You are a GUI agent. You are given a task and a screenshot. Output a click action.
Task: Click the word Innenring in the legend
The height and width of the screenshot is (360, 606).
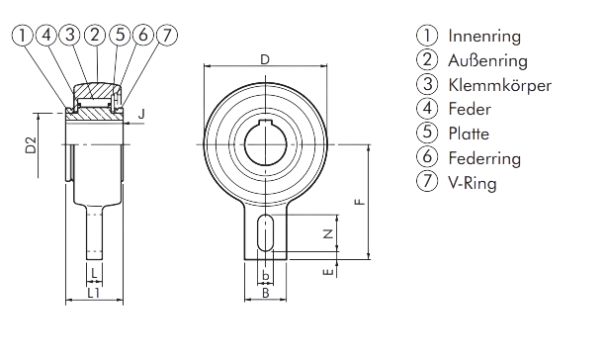coord(484,37)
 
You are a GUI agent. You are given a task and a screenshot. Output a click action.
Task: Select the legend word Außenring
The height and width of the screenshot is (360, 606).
coord(487,60)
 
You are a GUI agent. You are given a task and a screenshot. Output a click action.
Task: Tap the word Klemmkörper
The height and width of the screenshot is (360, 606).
coord(499,85)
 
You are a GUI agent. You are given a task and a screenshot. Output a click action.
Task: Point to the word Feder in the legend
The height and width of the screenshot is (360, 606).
coord(470,110)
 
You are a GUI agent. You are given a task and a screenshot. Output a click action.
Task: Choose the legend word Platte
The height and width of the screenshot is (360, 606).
coord(469,134)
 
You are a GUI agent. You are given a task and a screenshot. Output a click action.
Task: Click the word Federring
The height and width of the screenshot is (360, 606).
coord(484,158)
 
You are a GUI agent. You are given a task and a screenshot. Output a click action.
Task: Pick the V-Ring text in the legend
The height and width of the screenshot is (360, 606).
coord(473,183)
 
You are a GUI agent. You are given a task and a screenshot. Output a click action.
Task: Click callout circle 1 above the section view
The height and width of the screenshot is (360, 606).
coord(23,36)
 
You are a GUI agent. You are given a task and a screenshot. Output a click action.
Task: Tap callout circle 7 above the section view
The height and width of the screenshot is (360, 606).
coord(167,36)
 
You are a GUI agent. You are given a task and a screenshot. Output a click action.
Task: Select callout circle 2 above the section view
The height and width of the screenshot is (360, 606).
coord(95,36)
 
